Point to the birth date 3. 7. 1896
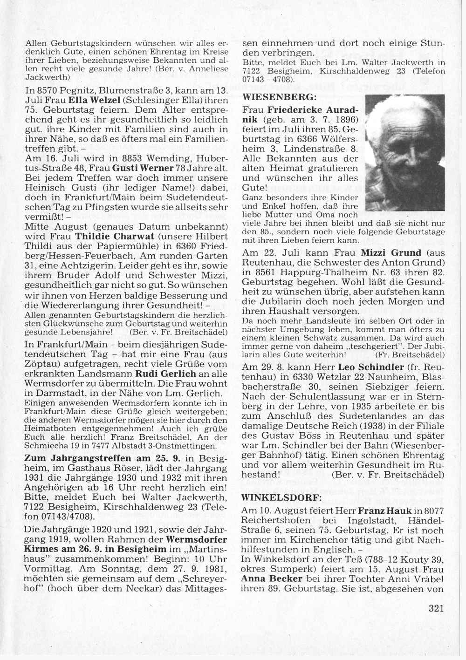[333, 119]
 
